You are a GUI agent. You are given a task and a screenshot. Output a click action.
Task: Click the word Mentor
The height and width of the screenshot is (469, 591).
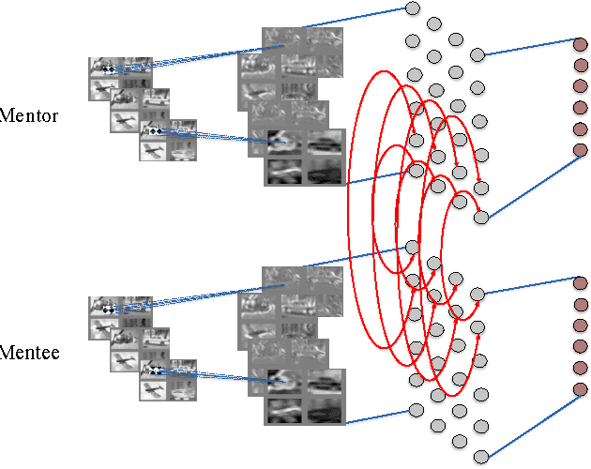[30, 117]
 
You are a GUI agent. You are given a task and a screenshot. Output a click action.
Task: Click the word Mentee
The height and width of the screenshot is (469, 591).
[30, 354]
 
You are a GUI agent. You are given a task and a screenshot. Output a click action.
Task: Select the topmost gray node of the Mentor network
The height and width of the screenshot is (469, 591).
[411, 9]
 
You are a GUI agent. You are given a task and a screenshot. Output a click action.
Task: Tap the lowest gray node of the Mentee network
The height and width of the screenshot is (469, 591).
[481, 457]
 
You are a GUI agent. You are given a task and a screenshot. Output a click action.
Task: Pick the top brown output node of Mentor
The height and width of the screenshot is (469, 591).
[580, 43]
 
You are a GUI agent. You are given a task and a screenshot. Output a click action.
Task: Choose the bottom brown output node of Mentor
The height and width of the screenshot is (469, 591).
[580, 150]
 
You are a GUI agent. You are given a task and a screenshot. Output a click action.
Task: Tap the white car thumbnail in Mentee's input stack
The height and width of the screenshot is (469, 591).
[183, 388]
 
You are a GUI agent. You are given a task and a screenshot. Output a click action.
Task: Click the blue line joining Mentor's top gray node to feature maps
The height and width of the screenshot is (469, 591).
[356, 18]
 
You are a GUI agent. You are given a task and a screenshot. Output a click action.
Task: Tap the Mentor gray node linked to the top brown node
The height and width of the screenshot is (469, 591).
[477, 54]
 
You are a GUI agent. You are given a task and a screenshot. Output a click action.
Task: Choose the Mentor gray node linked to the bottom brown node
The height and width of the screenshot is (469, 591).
[481, 218]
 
